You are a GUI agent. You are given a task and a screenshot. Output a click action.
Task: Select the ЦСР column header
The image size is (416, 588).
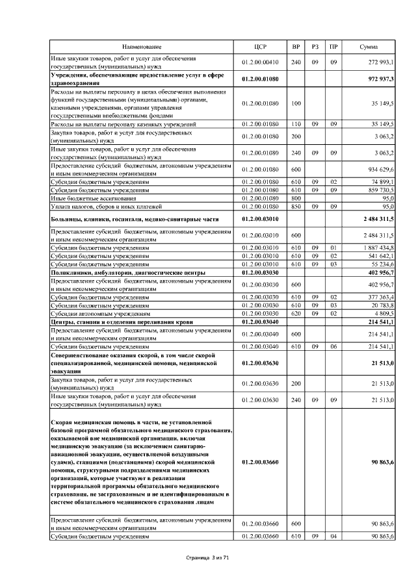pos(259,47)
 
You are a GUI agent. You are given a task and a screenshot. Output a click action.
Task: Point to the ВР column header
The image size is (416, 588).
pos(296,47)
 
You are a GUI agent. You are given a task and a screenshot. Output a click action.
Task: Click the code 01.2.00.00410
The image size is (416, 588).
pos(259,62)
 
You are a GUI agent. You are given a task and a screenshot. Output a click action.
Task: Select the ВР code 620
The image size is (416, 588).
pos(296,313)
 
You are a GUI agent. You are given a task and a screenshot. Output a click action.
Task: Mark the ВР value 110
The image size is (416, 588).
pos(296,123)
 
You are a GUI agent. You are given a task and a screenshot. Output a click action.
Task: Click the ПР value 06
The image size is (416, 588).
pos(333,347)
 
